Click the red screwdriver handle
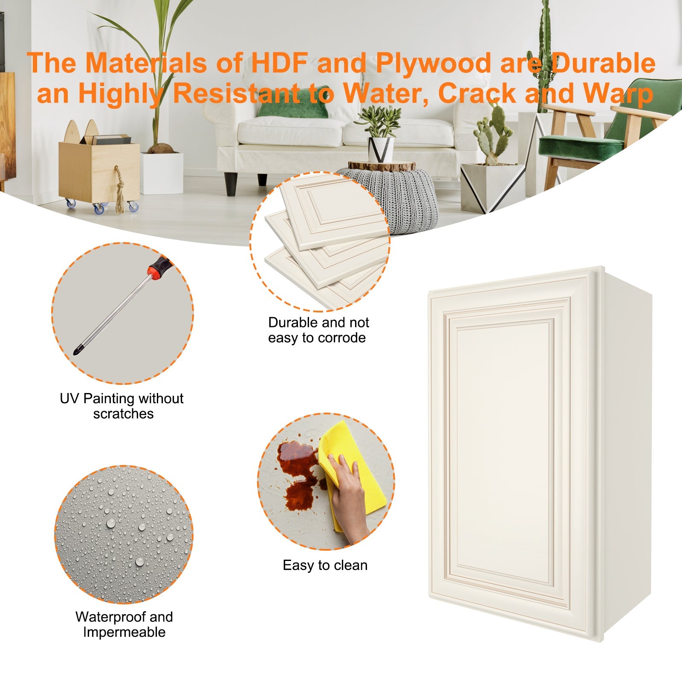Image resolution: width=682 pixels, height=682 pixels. coord(157,268)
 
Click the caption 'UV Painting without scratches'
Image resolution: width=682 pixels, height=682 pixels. coord(122,406)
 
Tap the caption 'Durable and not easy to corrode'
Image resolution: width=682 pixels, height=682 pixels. coord(318,330)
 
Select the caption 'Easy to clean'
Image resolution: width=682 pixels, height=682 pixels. coord(325,565)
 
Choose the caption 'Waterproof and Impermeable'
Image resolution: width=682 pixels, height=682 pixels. coord(124,624)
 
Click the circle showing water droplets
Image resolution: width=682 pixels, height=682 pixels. coord(124,534)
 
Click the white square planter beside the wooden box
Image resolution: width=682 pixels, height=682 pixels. coord(162,173)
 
